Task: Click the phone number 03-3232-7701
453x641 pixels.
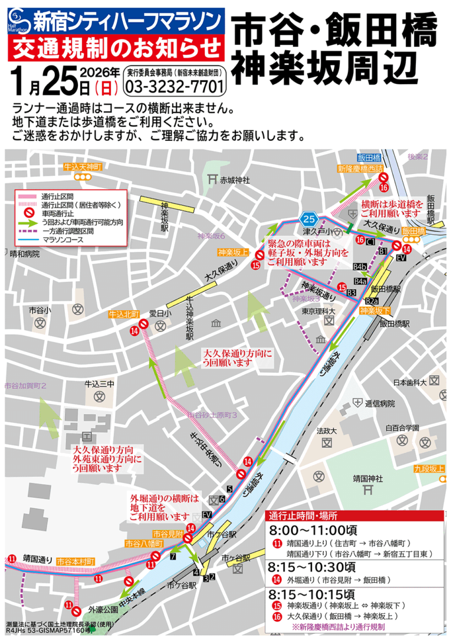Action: (x=175, y=87)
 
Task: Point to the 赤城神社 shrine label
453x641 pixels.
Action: (x=235, y=179)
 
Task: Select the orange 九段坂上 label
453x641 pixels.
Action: (x=428, y=468)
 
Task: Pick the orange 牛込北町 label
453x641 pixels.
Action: (x=123, y=314)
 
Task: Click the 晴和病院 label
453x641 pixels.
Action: (x=25, y=254)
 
